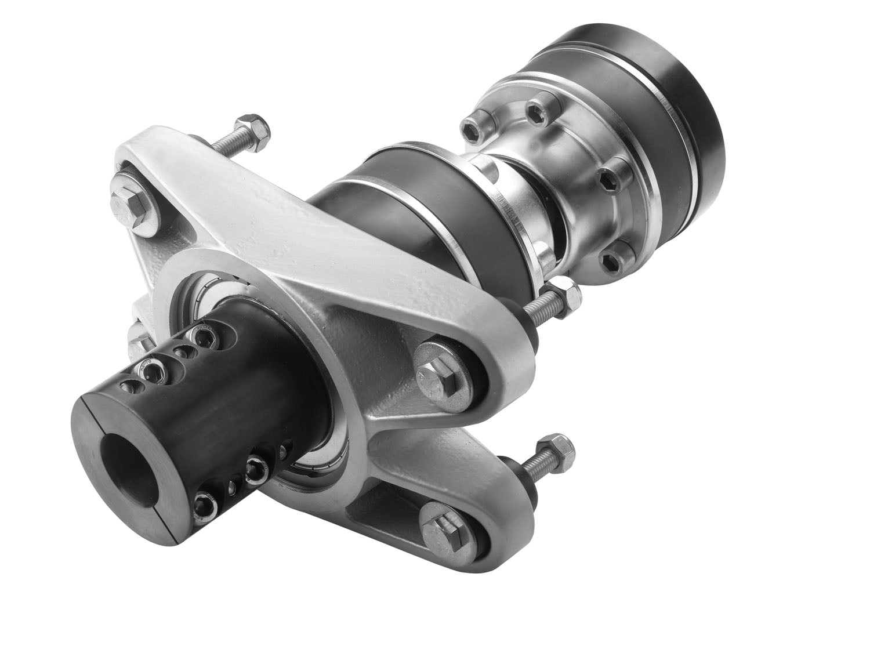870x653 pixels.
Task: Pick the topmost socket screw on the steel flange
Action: point(537,108)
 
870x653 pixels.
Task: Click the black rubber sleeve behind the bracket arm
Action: point(406,191)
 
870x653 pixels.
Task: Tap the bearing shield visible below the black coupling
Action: point(313,464)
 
